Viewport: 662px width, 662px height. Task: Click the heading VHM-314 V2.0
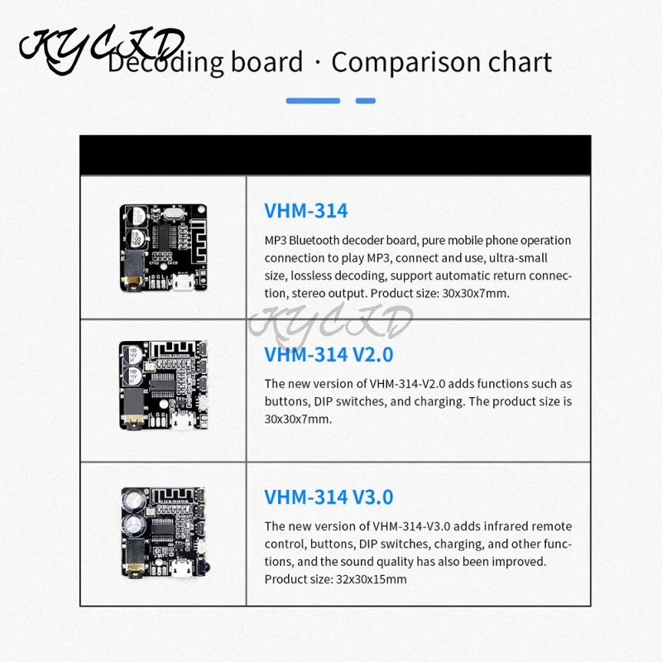point(329,354)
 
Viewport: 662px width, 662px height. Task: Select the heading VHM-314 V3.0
point(329,496)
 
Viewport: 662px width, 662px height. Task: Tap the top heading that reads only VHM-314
point(306,210)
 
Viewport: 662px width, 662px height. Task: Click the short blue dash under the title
point(365,101)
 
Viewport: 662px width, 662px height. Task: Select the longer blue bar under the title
point(313,101)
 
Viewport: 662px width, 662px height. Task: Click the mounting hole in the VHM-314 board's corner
point(126,210)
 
